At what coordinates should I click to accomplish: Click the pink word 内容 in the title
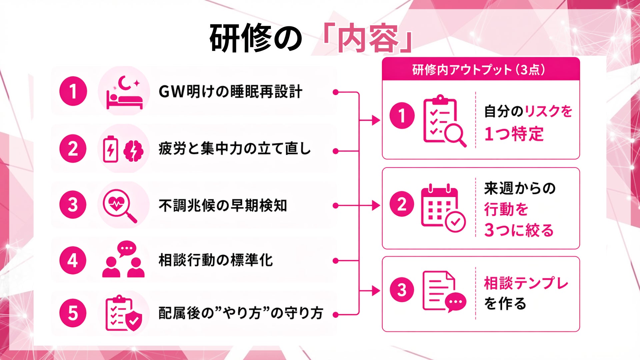368,39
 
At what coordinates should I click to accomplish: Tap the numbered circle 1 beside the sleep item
73,91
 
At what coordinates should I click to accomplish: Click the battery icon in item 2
110,149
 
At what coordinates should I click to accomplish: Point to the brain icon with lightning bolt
133,151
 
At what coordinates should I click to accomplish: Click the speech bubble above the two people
127,248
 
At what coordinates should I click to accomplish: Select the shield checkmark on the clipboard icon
133,321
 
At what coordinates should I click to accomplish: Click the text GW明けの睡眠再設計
230,92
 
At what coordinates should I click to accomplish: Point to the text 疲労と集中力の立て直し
235,149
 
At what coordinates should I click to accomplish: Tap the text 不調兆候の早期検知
223,205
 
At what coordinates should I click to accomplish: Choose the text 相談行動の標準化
216,260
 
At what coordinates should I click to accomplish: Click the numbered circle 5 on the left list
73,313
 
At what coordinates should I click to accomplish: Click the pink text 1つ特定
514,134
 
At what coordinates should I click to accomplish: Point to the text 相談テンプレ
526,283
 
